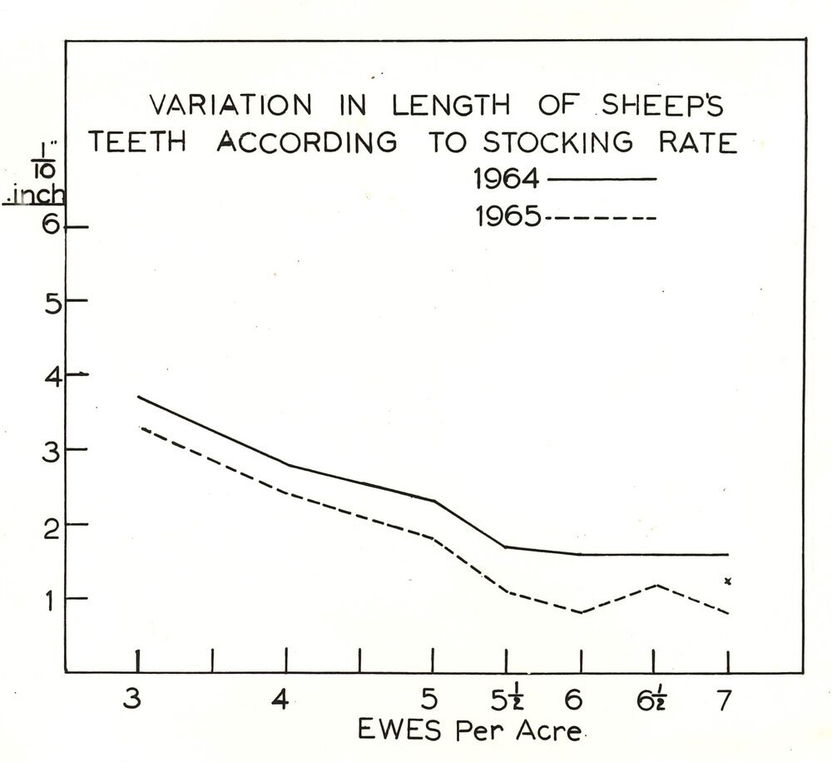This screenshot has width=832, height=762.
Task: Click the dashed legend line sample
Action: (x=602, y=219)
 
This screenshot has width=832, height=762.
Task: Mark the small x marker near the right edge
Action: (x=727, y=581)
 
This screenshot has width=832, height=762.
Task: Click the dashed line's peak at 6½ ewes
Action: (x=656, y=585)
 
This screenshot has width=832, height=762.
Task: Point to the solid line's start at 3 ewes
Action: (x=138, y=397)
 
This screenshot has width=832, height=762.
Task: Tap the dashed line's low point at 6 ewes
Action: (x=580, y=613)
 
